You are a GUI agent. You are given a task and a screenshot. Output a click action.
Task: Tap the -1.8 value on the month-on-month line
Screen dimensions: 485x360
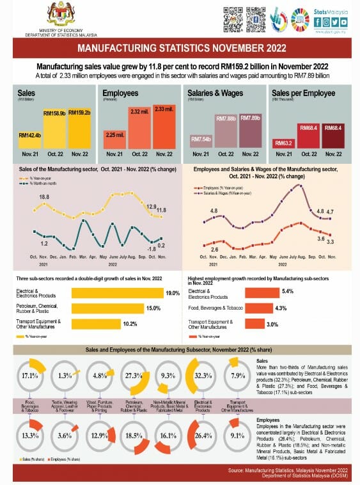(x=152, y=248)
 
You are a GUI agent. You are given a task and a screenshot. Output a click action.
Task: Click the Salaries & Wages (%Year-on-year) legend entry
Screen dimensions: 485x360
(x=220, y=191)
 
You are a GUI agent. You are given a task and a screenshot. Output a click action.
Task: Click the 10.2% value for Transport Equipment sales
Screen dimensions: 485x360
(x=130, y=324)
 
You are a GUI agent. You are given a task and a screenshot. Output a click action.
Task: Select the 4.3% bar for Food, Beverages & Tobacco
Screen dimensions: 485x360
(x=258, y=308)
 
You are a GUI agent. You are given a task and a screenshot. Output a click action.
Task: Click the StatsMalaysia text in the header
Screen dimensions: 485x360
(x=329, y=11)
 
